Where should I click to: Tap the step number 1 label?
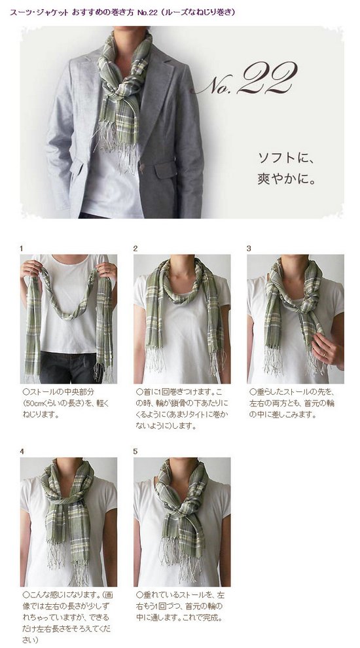click(x=22, y=248)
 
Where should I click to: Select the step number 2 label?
click(x=135, y=248)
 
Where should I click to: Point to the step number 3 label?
click(x=249, y=248)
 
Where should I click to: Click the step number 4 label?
click(x=22, y=452)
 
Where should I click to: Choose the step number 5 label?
click(x=135, y=452)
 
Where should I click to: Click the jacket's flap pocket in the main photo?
click(x=166, y=170)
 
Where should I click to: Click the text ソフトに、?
click(x=287, y=158)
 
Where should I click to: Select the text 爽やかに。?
click(x=287, y=180)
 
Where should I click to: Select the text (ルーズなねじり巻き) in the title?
click(x=198, y=12)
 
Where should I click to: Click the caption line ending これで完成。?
click(x=179, y=619)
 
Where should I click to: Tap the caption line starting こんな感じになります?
click(x=68, y=595)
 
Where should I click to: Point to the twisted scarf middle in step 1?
click(x=68, y=308)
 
